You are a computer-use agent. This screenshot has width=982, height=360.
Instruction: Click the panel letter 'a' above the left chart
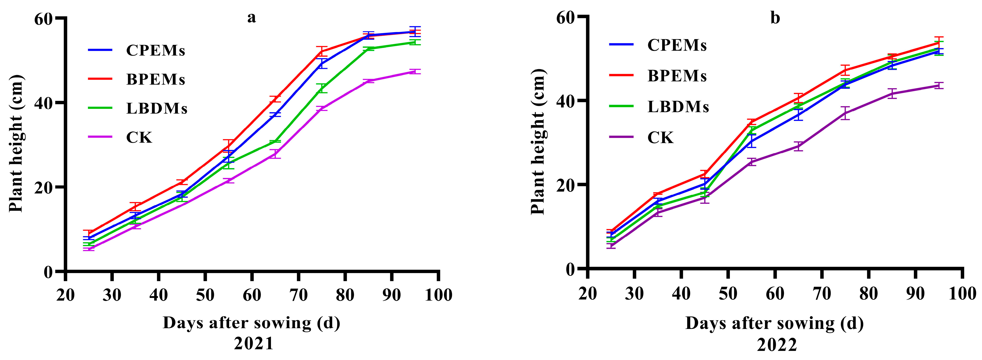[252, 18]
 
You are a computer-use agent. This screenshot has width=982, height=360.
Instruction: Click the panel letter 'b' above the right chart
[775, 18]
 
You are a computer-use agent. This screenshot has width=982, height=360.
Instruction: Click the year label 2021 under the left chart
[254, 344]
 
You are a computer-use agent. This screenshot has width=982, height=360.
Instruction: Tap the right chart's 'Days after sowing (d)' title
[774, 323]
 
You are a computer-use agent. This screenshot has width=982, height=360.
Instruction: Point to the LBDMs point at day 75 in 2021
[322, 88]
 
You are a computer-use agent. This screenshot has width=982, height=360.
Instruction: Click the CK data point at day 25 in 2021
[89, 249]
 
